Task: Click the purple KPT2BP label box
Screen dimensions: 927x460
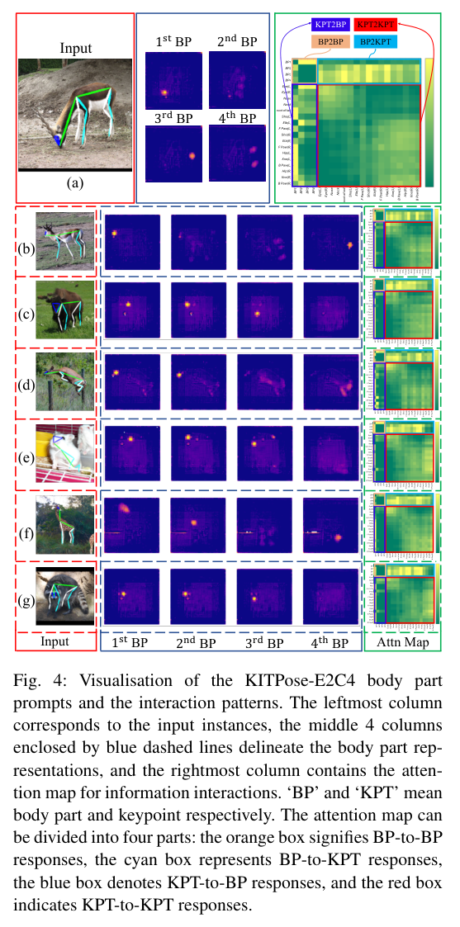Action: tap(329, 26)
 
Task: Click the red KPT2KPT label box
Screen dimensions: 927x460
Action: tap(379, 26)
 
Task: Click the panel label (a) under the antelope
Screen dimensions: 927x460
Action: tap(76, 183)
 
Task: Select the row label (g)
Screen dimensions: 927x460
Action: tap(26, 598)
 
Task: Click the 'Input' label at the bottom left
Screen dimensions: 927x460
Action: tap(55, 641)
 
